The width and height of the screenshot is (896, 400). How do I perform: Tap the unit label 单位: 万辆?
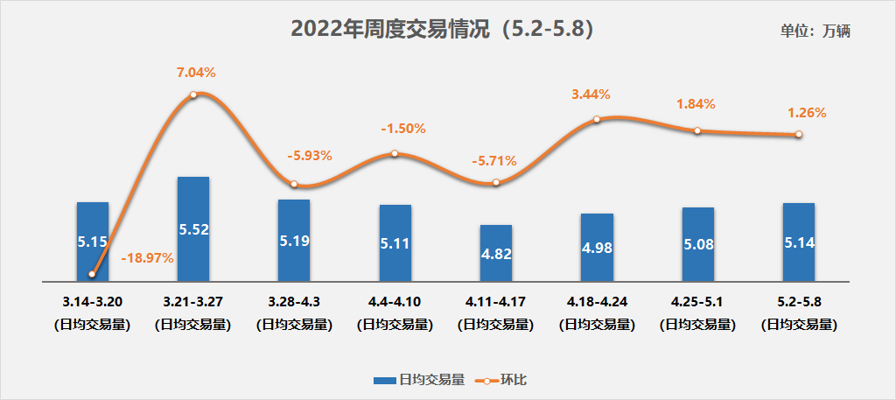[815, 31]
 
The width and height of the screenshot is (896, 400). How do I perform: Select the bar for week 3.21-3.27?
[193, 229]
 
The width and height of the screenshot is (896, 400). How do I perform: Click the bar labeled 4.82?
[495, 254]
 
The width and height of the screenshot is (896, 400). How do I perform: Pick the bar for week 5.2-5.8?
[799, 242]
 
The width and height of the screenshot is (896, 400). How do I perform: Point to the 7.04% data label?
[193, 73]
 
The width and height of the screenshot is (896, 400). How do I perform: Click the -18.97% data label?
[147, 258]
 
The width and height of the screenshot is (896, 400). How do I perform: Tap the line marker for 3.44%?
[596, 119]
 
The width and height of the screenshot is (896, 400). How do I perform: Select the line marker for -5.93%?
[294, 184]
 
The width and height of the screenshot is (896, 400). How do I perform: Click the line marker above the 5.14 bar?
[799, 134]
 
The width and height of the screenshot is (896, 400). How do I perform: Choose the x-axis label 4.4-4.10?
[395, 302]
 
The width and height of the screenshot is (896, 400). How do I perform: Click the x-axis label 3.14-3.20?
[92, 302]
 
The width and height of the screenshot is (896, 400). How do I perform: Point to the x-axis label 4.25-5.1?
[697, 302]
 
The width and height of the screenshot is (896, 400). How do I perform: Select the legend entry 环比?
[502, 380]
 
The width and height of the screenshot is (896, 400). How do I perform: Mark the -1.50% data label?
[402, 129]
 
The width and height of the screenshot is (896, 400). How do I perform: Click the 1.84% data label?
[696, 104]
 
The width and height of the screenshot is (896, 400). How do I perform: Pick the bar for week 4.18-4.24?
[596, 248]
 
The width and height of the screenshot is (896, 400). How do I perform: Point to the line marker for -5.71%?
[495, 182]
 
